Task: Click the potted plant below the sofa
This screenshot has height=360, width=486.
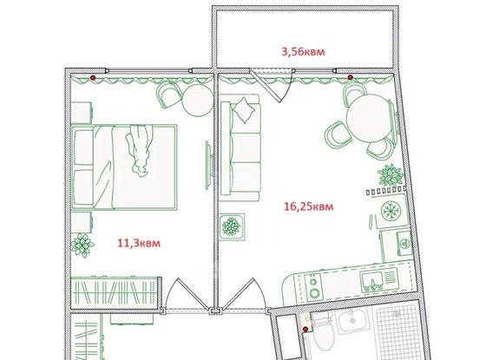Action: (233, 227)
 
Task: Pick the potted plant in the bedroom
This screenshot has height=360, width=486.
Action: (82, 245)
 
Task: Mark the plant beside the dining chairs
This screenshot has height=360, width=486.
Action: (390, 176)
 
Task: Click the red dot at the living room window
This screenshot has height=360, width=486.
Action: (350, 77)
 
